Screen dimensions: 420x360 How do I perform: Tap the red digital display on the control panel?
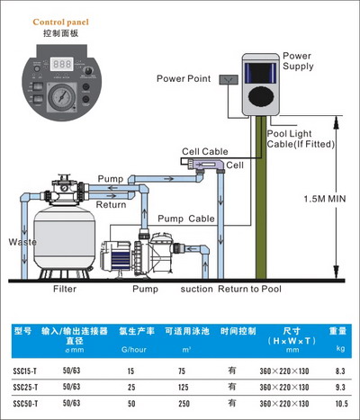pyautogui.click(x=61, y=65)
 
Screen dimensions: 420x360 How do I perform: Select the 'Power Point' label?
pyautogui.click(x=184, y=78)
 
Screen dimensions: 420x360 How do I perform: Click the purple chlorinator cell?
pyautogui.click(x=209, y=164)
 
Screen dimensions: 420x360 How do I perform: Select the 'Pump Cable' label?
pyautogui.click(x=186, y=219)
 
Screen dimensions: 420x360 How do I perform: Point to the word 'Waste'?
pyautogui.click(x=21, y=243)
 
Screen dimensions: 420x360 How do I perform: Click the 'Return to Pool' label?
pyautogui.click(x=247, y=289)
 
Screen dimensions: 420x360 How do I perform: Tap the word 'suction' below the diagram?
pyautogui.click(x=197, y=289)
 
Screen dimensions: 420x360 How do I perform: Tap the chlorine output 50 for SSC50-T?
pyautogui.click(x=131, y=403)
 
